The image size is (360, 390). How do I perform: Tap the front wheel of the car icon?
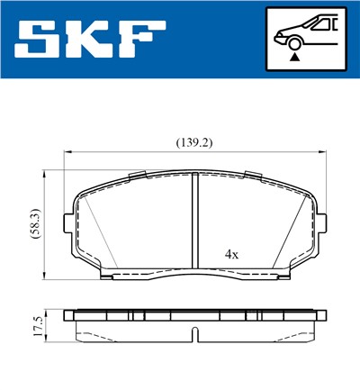tap(294, 41)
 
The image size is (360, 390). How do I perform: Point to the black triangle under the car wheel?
tap(294, 57)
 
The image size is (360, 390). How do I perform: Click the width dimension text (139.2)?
tap(195, 142)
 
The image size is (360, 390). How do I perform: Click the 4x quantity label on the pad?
tap(231, 255)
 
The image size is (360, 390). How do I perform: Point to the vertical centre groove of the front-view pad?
tap(196, 221)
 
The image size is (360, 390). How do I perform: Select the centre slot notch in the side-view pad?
tap(196, 335)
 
